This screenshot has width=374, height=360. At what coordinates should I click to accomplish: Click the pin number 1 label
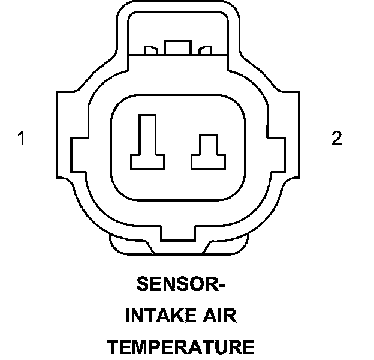click(22, 139)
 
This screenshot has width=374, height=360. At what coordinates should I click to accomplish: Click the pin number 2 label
click(337, 139)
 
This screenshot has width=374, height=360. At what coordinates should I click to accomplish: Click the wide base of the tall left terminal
click(147, 161)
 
